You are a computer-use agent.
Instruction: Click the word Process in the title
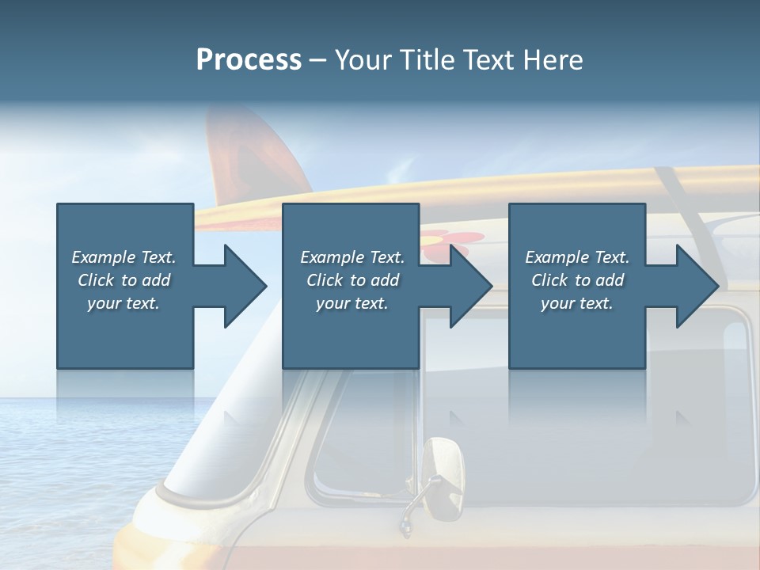click(x=249, y=60)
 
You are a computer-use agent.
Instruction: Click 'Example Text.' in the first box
click(x=123, y=257)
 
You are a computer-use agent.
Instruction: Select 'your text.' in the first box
click(x=123, y=303)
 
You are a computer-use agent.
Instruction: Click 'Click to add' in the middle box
click(x=352, y=280)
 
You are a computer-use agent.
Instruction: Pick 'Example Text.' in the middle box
click(x=352, y=257)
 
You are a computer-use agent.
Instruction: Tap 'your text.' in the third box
click(x=577, y=303)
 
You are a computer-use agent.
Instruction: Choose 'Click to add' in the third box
click(x=577, y=280)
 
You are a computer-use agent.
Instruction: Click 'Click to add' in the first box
click(x=123, y=280)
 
